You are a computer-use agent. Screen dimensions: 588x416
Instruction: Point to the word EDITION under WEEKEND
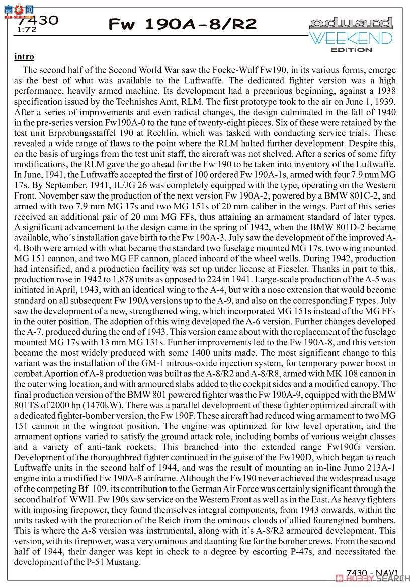pyautogui.click(x=351, y=50)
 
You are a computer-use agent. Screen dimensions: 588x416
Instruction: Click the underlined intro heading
pyautogui.click(x=25, y=57)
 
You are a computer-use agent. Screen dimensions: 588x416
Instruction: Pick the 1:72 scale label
pyautogui.click(x=26, y=30)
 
